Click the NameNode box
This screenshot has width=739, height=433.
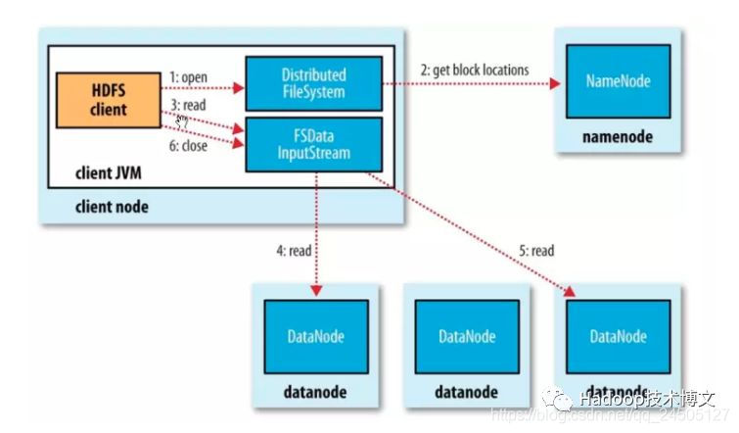[x=617, y=81]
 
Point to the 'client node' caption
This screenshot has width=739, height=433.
[x=112, y=208]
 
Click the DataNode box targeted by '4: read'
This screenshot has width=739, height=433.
[x=314, y=336]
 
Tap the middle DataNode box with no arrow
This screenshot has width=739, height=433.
[x=466, y=336]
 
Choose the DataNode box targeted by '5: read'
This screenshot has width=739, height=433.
[x=618, y=336]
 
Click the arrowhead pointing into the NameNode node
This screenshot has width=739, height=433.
[x=556, y=84]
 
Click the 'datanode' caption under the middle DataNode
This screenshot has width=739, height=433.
[x=466, y=392]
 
